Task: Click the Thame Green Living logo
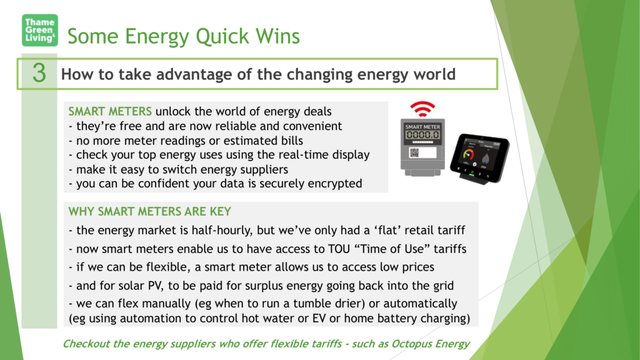point(39,30)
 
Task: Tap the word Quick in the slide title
point(222,36)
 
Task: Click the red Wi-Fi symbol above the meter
point(422,109)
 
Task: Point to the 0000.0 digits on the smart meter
point(422,135)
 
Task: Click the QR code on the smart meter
point(414,152)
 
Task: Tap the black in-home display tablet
point(479,158)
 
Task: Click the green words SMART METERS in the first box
point(110,111)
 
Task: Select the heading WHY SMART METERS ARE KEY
point(150,211)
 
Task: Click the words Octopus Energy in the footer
point(431,344)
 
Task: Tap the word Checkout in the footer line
point(86,344)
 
